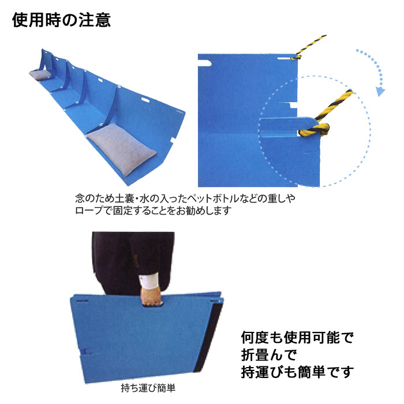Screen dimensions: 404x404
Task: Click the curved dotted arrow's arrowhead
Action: click(380, 91)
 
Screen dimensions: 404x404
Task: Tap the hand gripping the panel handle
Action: click(151, 298)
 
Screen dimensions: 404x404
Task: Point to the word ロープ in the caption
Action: click(86, 211)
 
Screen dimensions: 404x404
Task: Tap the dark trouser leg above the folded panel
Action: click(115, 260)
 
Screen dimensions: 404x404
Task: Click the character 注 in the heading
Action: click(78, 20)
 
